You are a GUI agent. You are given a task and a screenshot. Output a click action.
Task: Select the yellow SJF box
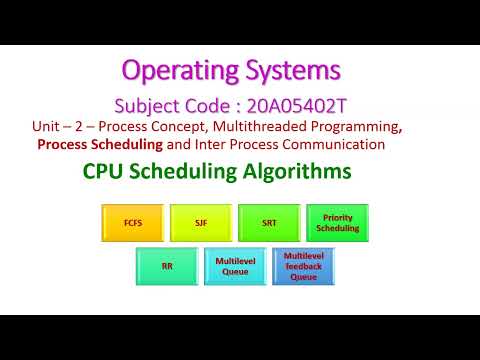pos(200,222)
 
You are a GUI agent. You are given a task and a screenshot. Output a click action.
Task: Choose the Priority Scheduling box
pos(337,222)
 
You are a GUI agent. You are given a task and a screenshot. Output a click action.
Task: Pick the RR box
pos(167,266)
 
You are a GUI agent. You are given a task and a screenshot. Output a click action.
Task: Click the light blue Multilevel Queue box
pos(235,266)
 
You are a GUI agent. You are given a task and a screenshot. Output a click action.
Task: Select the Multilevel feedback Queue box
pos(303,266)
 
